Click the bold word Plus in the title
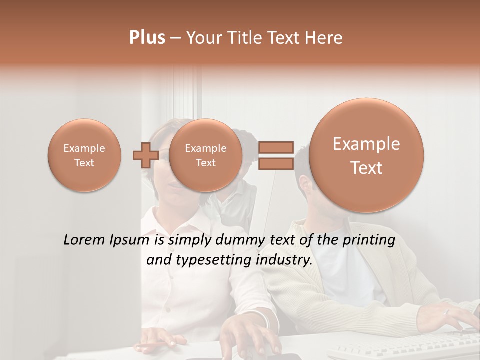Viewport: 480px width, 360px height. [x=147, y=38]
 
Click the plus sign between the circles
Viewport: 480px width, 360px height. [x=145, y=155]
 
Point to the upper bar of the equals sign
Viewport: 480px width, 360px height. [x=275, y=147]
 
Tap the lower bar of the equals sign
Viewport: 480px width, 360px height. [x=275, y=163]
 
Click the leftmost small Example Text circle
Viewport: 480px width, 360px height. [x=84, y=155]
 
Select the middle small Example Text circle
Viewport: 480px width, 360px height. [x=205, y=155]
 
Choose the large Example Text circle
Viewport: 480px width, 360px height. [x=366, y=155]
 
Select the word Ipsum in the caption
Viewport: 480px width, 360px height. [x=131, y=241]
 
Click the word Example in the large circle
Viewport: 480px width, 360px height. [x=366, y=144]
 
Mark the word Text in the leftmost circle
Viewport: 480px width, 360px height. [x=84, y=163]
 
